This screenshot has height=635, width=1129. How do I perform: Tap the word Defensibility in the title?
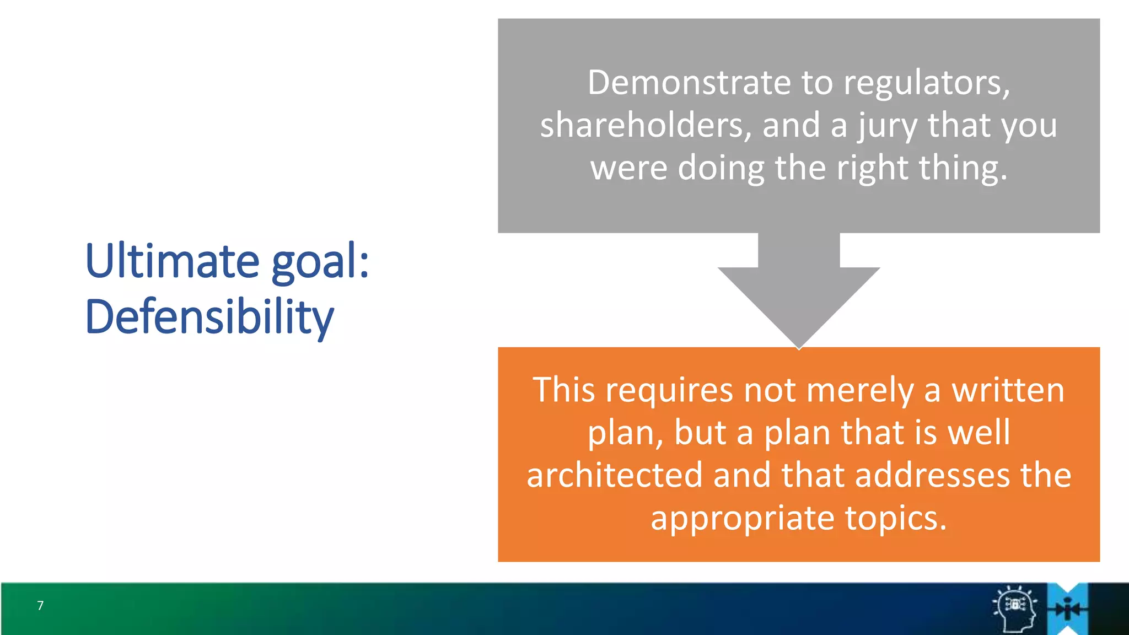coord(209,317)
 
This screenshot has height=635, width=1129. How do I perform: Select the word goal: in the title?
coord(320,262)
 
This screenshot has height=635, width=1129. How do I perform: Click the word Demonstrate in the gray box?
coord(688,83)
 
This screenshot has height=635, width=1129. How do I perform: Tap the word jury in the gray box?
coord(887,126)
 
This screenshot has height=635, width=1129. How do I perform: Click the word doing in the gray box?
coord(721,168)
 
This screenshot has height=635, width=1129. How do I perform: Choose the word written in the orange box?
coord(1008,390)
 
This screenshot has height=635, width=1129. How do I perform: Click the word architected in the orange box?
coord(614,475)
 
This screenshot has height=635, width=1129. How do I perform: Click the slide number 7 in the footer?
coord(40,606)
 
